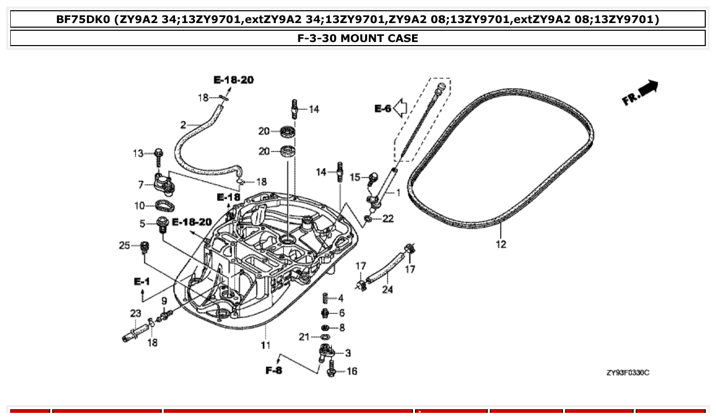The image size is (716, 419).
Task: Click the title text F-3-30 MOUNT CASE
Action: pos(358,38)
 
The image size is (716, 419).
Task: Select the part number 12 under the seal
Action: pos(501,244)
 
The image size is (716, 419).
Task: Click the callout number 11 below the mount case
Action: pos(265,345)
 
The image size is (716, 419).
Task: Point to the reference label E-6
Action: pos(382,108)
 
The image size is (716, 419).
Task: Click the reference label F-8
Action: pos(274,370)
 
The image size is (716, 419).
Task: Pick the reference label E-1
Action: pos(142,281)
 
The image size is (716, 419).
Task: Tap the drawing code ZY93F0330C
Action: pos(627,373)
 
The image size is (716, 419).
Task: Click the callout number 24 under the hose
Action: pos(387,290)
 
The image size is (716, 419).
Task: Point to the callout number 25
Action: pos(125,246)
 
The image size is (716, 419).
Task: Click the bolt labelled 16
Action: pos(331,369)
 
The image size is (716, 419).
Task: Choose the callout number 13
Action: pos(138,153)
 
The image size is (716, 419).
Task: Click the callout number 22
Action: pos(388,219)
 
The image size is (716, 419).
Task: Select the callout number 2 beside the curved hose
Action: pos(183,124)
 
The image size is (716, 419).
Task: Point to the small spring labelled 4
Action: pos(325,298)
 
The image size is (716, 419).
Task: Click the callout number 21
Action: pos(305,337)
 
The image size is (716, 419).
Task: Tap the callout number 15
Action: pos(355,177)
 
